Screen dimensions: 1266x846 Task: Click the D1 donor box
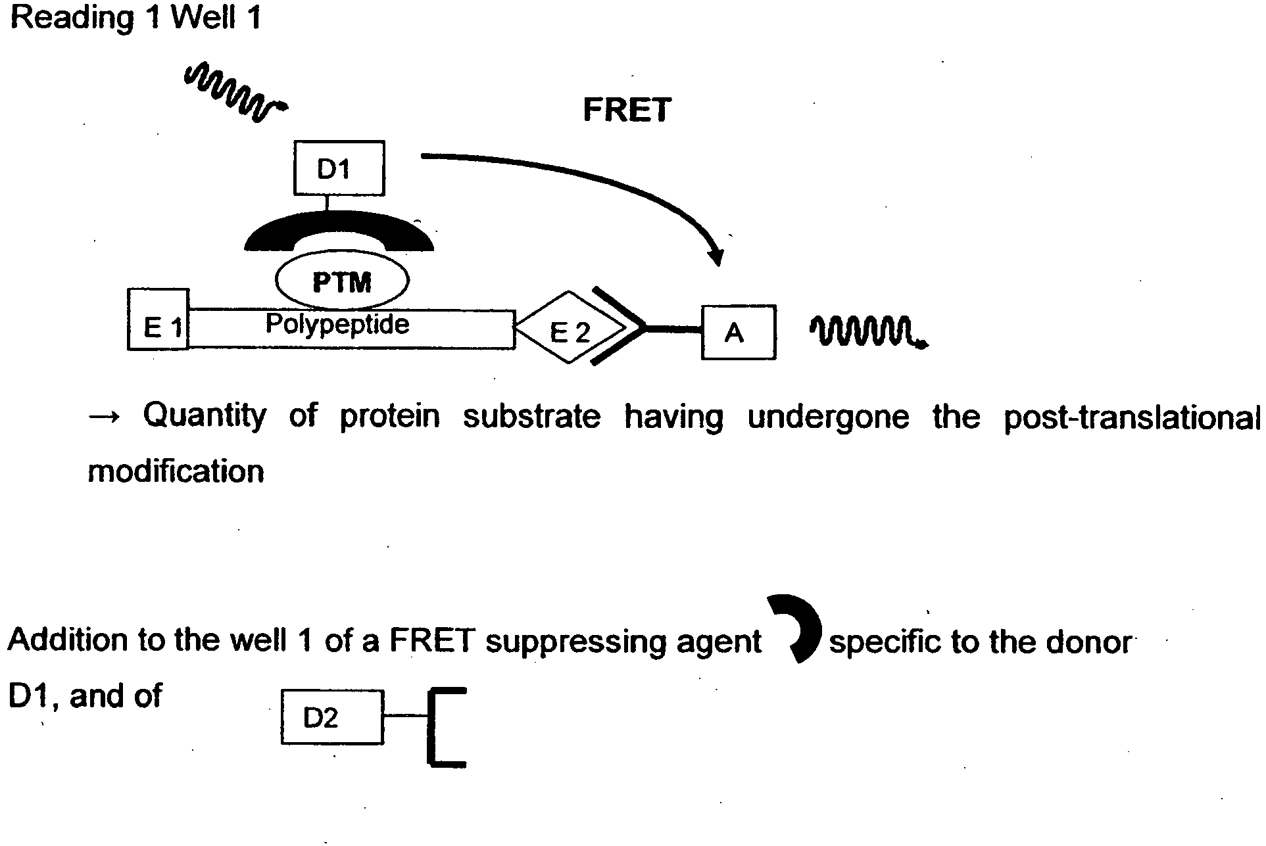point(339,168)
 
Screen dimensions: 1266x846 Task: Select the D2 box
point(332,717)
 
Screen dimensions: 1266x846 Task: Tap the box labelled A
point(739,332)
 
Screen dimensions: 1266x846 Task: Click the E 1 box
point(158,319)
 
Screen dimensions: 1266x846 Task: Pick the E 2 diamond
point(570,327)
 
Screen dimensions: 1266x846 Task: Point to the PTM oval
point(342,281)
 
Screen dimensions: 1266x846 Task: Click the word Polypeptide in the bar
point(337,325)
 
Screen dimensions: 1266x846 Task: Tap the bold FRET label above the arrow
point(627,110)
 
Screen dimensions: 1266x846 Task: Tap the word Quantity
point(205,416)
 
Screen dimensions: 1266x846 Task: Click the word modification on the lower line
point(176,471)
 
